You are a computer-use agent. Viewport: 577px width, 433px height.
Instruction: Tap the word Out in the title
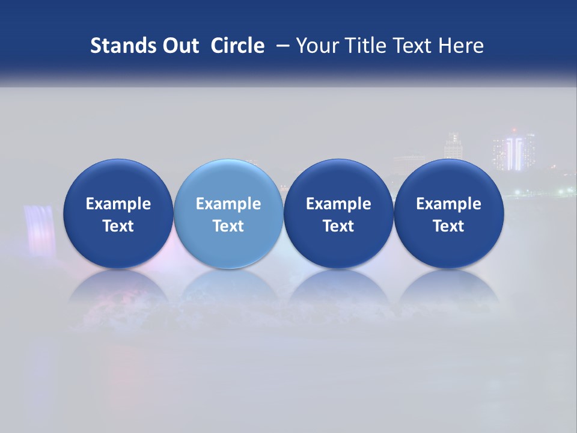[180, 46]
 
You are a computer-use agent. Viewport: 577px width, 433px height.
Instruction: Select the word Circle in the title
[237, 46]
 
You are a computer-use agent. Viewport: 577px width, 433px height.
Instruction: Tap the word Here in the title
[460, 46]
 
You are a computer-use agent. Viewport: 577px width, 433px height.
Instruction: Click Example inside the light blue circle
[228, 204]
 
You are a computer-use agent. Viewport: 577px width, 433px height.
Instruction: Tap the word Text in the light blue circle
[228, 226]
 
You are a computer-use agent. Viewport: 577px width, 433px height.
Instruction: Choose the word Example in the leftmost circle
[118, 204]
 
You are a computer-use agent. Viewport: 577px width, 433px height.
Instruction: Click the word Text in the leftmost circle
[118, 226]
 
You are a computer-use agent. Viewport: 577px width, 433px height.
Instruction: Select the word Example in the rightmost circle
[448, 204]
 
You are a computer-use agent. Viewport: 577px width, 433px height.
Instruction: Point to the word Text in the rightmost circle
[448, 226]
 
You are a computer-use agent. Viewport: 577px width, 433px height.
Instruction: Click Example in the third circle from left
[338, 204]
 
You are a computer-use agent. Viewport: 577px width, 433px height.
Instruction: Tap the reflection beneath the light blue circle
[228, 289]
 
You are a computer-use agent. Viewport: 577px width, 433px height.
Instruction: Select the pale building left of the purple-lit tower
[453, 146]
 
